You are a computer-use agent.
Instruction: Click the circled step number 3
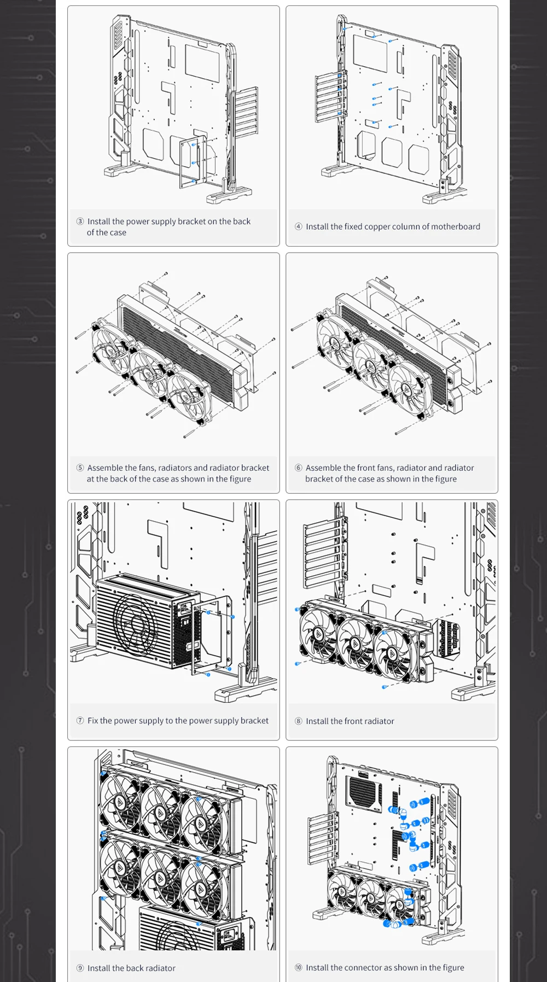pyautogui.click(x=80, y=221)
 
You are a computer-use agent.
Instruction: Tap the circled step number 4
pyautogui.click(x=299, y=226)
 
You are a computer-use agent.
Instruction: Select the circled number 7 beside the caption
pyautogui.click(x=80, y=721)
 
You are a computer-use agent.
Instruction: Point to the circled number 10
pyautogui.click(x=299, y=967)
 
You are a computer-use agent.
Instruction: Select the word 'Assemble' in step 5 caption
pyautogui.click(x=104, y=468)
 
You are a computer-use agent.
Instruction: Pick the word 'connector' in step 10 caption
pyautogui.click(x=364, y=967)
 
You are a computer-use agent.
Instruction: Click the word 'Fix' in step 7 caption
pyautogui.click(x=92, y=721)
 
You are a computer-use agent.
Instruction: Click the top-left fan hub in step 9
pyautogui.click(x=120, y=802)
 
